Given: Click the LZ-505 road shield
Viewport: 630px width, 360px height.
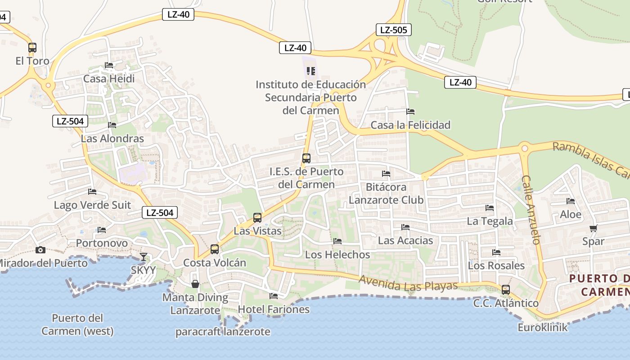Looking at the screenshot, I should pos(393,30).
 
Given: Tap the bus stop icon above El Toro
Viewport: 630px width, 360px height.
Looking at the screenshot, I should pos(32,47).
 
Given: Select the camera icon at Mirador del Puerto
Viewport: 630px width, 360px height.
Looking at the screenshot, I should pos(40,250).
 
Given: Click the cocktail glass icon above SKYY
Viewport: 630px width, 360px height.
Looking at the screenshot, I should pos(143,257).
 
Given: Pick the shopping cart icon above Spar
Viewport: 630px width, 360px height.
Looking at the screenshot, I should pos(594,228).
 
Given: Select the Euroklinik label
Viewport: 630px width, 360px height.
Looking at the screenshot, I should pos(543,327).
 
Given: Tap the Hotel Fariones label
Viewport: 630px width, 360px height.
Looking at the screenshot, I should pos(274,309).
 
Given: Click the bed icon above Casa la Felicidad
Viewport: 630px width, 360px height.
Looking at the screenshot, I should pos(410,111).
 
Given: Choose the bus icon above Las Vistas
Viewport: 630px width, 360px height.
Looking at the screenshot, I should pos(257,218).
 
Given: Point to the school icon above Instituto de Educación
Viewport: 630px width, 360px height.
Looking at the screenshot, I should pos(310,71).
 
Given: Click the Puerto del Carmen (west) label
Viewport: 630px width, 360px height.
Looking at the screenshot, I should pos(77,324).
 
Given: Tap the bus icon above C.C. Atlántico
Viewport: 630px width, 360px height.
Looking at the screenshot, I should pos(506,289).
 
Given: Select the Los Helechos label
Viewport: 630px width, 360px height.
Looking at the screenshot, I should pos(337,254).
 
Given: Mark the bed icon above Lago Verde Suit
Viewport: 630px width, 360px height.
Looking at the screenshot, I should pos(92,192).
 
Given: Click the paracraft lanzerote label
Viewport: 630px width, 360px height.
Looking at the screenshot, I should pos(223,332).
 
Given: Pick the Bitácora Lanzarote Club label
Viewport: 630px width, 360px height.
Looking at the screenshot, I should pos(386,193).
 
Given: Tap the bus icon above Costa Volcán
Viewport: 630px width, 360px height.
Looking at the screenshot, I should pos(215,249).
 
